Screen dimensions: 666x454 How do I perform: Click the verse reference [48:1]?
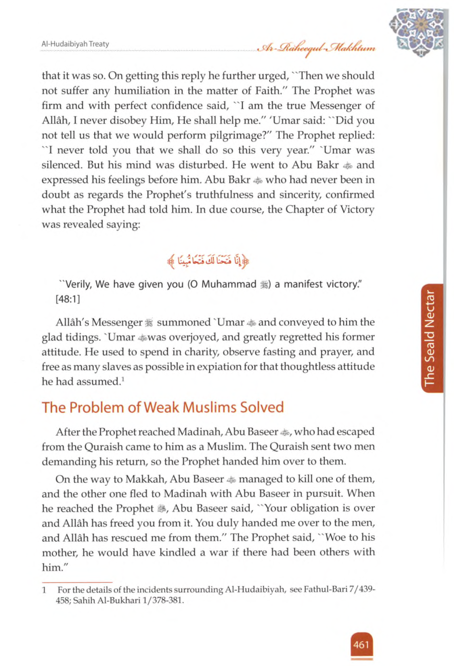[68, 299]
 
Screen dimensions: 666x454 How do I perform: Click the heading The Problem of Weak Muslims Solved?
[163, 407]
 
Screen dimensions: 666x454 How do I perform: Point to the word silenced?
[62, 165]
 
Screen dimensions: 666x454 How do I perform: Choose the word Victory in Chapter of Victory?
[357, 209]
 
